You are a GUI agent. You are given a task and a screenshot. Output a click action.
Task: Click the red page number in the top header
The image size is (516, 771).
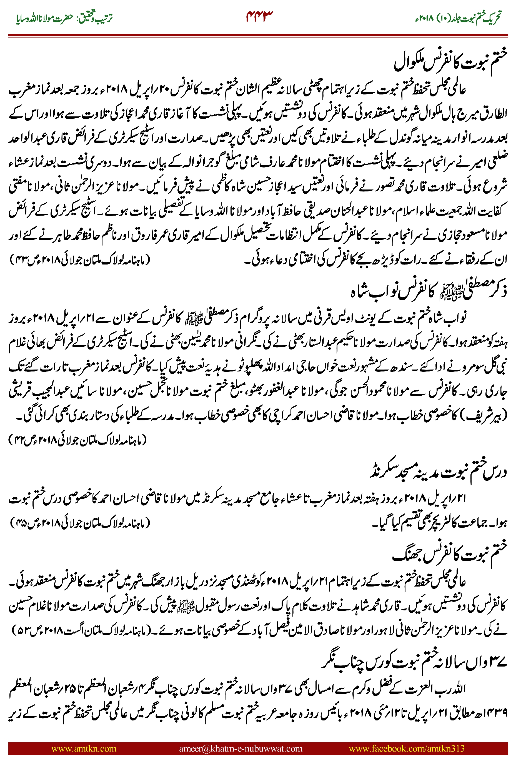tap(259, 16)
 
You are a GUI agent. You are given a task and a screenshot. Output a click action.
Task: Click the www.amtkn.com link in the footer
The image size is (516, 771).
tap(84, 748)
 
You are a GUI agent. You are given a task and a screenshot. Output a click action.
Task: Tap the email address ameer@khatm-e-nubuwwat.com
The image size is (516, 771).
tap(241, 748)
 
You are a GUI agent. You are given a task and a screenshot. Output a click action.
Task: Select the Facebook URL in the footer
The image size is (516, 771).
tap(406, 748)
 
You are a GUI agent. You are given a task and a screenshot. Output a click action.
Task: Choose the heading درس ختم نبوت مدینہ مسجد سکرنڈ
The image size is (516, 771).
tap(438, 471)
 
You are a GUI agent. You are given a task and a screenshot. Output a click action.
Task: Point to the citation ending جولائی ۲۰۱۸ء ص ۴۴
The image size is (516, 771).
tap(77, 440)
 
